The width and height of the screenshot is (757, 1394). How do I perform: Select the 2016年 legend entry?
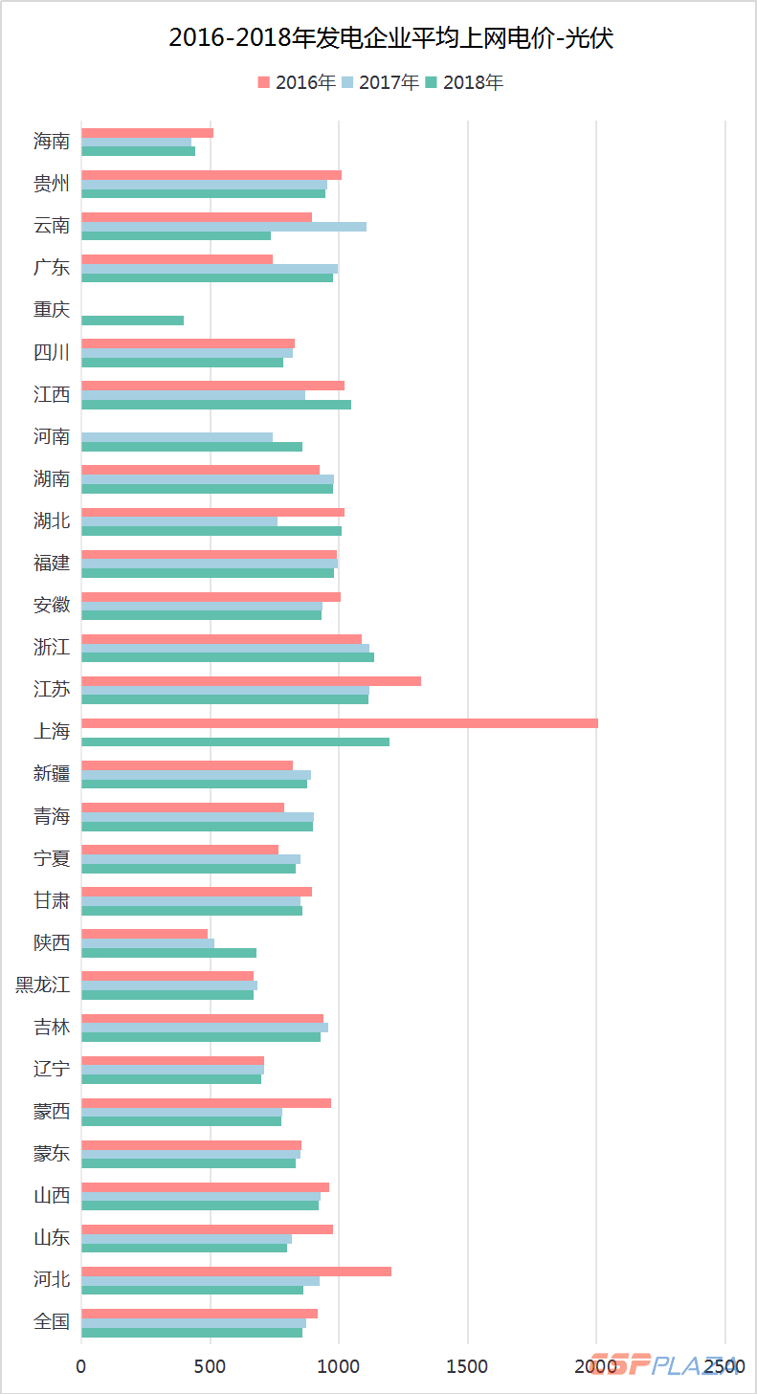pyautogui.click(x=297, y=82)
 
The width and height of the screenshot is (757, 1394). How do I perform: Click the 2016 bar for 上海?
pyautogui.click(x=340, y=723)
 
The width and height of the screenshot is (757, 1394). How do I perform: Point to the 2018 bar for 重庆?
pyautogui.click(x=132, y=321)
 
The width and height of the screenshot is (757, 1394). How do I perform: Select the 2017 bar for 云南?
pyautogui.click(x=224, y=227)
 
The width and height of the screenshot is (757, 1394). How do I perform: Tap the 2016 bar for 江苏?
pyautogui.click(x=251, y=681)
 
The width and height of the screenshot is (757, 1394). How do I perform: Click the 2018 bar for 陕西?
pyautogui.click(x=168, y=953)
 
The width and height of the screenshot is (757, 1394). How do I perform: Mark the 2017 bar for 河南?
pyautogui.click(x=177, y=437)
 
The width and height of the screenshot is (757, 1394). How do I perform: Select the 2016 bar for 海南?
pyautogui.click(x=147, y=133)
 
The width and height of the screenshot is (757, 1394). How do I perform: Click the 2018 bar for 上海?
pyautogui.click(x=235, y=741)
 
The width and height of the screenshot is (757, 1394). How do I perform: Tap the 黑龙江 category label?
pyautogui.click(x=43, y=985)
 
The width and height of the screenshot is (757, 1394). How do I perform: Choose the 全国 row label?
pyautogui.click(x=52, y=1322)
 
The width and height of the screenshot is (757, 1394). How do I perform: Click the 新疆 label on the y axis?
pyautogui.click(x=52, y=774)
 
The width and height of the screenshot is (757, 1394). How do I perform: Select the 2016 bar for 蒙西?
pyautogui.click(x=206, y=1103)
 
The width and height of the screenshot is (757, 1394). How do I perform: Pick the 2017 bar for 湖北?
pyautogui.click(x=179, y=521)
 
